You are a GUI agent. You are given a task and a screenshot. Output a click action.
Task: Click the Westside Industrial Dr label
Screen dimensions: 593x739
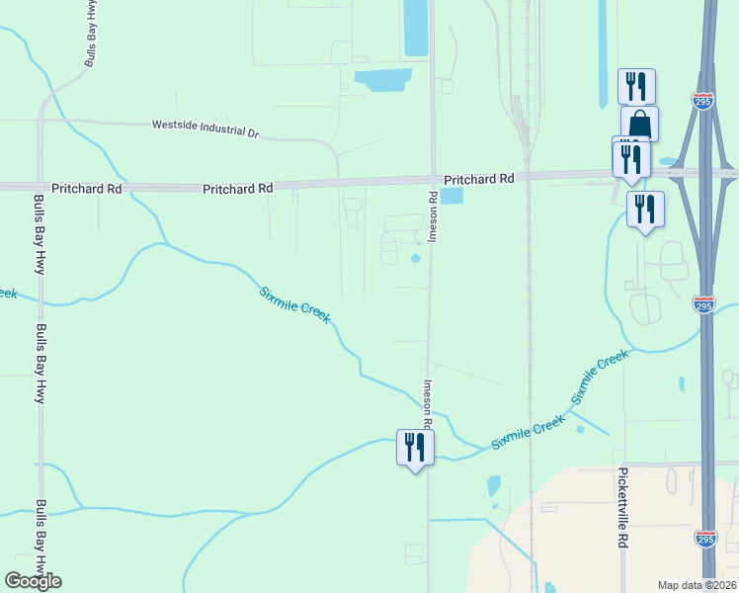[x=205, y=127]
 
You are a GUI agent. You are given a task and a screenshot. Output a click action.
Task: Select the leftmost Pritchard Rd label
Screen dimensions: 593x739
[x=86, y=188]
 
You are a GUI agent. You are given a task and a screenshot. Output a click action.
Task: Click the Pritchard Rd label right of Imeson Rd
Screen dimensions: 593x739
[x=479, y=179]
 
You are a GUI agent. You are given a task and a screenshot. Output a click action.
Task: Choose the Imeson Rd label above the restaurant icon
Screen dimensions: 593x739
[x=429, y=404]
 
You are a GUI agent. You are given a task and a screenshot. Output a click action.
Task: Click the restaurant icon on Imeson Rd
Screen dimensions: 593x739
[x=415, y=448]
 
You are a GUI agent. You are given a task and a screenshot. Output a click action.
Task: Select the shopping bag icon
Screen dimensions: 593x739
[x=639, y=125]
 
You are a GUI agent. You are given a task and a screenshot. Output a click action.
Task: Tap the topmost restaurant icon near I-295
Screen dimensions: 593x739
[x=636, y=86]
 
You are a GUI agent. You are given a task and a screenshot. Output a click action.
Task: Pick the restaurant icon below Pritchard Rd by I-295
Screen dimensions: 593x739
[x=645, y=209]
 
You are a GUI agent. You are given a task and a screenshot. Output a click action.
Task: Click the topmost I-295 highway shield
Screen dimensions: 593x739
[x=702, y=102]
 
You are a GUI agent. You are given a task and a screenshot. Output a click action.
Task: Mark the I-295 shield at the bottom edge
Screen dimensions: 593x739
[x=704, y=540]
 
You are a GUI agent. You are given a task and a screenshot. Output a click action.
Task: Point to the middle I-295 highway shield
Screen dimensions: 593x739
[x=703, y=305]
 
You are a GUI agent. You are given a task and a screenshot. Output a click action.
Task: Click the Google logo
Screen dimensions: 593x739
[x=33, y=581]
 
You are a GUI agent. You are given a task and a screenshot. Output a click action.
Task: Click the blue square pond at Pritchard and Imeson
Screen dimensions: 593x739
[x=451, y=197]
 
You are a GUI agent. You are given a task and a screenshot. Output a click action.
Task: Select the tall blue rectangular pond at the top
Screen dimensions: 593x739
[x=416, y=28]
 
